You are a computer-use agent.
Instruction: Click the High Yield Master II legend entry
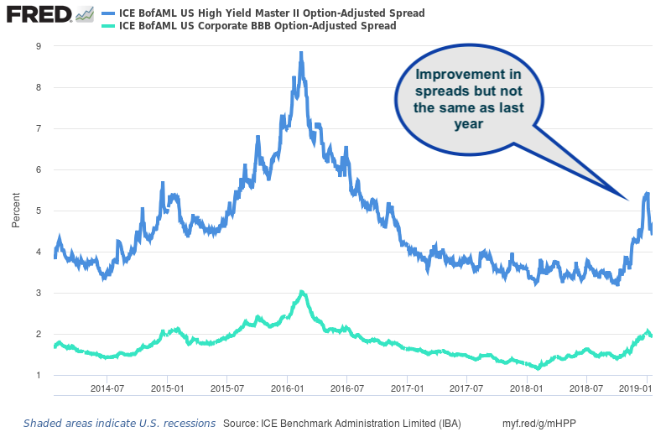(x=272, y=13)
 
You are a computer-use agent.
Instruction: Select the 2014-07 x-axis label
(x=108, y=390)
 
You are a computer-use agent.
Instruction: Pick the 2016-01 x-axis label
(x=287, y=390)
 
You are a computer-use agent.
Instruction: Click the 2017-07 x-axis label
(x=466, y=390)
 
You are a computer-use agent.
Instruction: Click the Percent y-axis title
(x=16, y=211)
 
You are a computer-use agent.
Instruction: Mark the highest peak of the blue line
(x=301, y=53)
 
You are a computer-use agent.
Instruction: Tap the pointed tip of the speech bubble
(x=627, y=199)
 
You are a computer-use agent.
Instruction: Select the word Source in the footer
(x=243, y=424)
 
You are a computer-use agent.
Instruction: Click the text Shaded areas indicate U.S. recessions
(x=119, y=424)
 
